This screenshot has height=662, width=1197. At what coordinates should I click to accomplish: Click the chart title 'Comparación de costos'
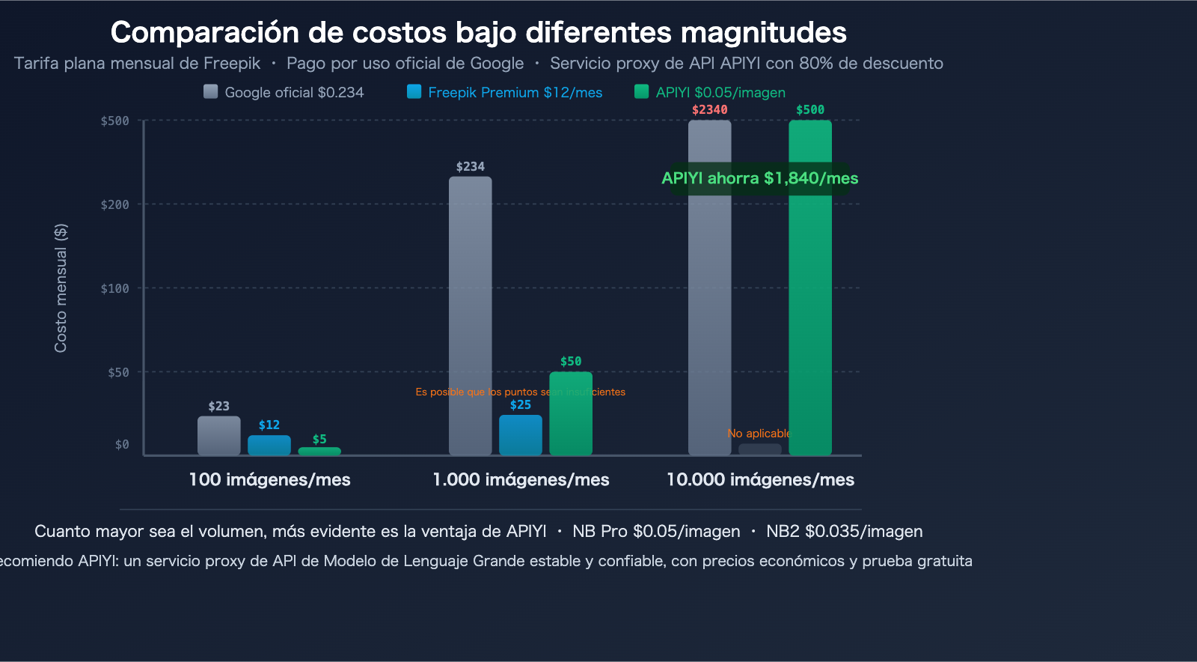(x=478, y=33)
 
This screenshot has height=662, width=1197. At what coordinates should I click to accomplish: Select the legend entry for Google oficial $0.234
(x=284, y=92)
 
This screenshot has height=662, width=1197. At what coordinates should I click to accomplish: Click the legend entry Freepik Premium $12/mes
(x=505, y=92)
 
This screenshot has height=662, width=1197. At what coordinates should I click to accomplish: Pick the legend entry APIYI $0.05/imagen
(x=710, y=92)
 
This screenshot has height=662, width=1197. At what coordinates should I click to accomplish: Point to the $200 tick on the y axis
(x=115, y=204)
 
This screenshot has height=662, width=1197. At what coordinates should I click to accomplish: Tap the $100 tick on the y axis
(x=115, y=288)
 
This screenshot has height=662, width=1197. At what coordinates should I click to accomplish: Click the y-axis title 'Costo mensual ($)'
(x=61, y=288)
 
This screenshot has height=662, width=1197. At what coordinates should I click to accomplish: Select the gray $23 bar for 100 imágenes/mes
(x=218, y=436)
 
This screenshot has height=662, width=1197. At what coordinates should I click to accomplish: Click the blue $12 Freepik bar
(x=269, y=446)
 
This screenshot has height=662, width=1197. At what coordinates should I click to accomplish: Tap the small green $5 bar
(x=319, y=452)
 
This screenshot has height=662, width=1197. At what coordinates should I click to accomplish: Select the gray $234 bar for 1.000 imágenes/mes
(x=470, y=315)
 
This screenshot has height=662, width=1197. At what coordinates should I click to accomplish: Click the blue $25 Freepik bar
(x=521, y=436)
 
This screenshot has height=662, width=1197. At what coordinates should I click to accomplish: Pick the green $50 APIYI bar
(x=571, y=413)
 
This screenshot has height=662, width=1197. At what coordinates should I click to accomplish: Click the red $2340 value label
(x=709, y=110)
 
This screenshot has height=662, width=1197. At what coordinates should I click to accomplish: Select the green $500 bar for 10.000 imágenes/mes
(x=810, y=315)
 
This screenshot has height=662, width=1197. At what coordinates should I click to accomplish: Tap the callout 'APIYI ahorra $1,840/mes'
(x=759, y=178)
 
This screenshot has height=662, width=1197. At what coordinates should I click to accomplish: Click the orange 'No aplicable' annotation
(x=759, y=434)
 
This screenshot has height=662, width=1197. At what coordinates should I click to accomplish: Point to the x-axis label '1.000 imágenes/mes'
(x=521, y=479)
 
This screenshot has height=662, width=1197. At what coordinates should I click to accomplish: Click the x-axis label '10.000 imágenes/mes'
(x=760, y=479)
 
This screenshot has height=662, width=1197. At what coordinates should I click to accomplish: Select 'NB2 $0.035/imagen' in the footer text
(x=844, y=531)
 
